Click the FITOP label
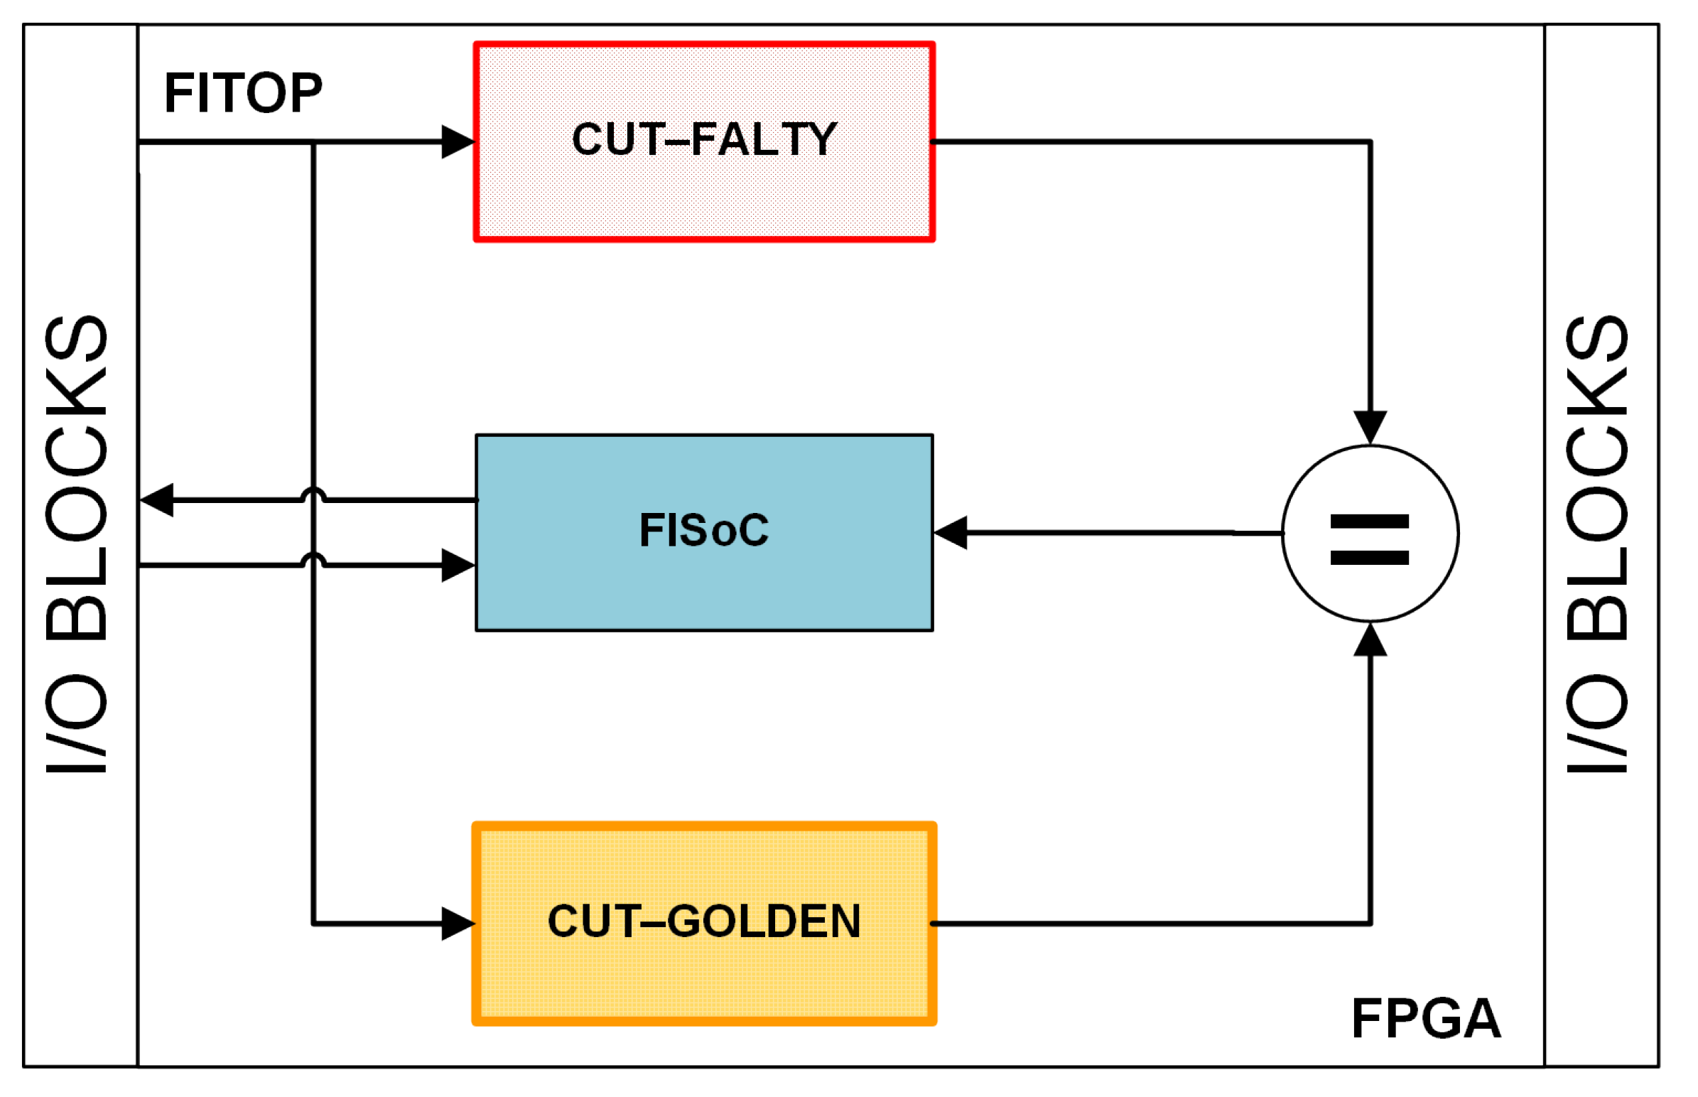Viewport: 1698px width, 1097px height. click(x=243, y=93)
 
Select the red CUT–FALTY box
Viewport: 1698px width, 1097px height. click(x=703, y=142)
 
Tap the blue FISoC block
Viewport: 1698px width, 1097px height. click(x=703, y=532)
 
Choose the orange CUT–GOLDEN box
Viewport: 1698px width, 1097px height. click(x=703, y=923)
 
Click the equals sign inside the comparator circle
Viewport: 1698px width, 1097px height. click(x=1369, y=540)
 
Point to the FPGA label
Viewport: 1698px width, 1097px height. click(x=1426, y=1019)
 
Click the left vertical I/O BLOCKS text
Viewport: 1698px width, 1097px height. click(x=77, y=545)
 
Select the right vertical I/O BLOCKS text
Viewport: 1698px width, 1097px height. click(x=1597, y=545)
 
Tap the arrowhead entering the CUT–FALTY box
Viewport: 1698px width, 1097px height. click(x=458, y=142)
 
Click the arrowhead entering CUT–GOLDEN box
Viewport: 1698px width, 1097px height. click(x=458, y=924)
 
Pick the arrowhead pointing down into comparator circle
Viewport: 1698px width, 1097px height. click(x=1370, y=428)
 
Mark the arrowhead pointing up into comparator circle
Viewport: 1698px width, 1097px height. click(x=1370, y=639)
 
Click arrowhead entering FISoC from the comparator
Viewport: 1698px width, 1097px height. click(x=951, y=532)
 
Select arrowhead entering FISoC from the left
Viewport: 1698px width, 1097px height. click(x=458, y=566)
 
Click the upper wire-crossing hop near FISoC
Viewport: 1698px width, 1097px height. click(x=313, y=495)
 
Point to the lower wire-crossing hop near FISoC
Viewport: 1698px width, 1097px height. click(x=313, y=559)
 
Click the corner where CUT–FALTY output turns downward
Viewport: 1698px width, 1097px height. click(x=1370, y=143)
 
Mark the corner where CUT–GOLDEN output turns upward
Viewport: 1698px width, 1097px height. click(x=1370, y=923)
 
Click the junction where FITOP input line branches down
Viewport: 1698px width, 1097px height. click(x=313, y=143)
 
